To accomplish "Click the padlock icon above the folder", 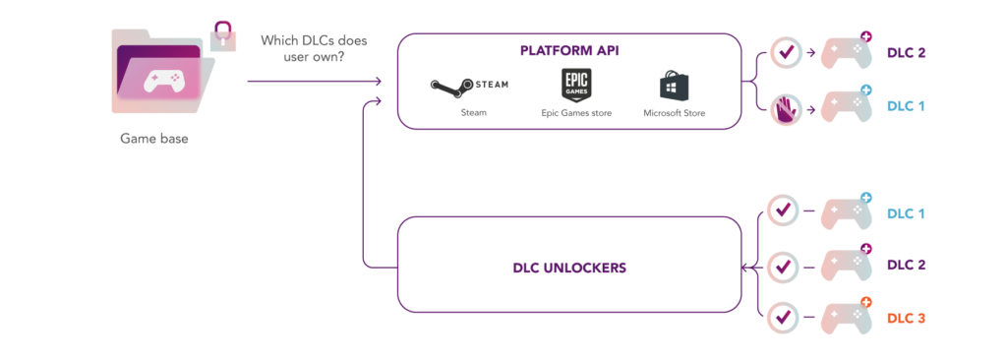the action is click(222, 35).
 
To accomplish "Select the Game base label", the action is click(154, 139).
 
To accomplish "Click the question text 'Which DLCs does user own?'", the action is click(314, 47).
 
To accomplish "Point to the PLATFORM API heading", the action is click(569, 51).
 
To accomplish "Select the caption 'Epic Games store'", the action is click(576, 113).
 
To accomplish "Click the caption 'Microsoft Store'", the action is click(675, 113).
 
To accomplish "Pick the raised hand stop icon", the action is click(786, 110).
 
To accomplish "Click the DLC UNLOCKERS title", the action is click(569, 268).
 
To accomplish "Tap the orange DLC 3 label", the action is click(906, 318).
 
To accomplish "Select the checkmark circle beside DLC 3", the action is click(783, 317).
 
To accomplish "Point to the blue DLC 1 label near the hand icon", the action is click(906, 106).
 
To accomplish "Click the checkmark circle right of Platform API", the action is click(786, 52).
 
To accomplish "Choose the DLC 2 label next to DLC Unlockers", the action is click(906, 265).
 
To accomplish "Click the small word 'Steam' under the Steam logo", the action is click(473, 112).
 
